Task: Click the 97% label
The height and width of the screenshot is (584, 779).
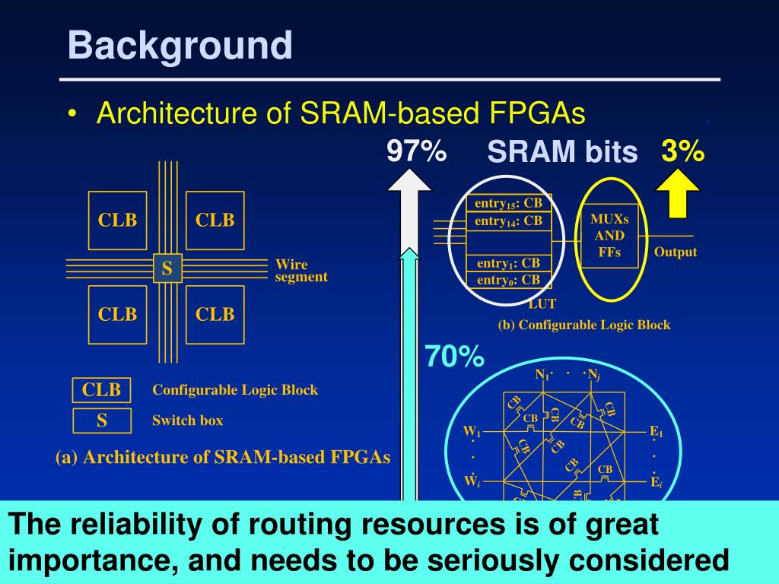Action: (x=415, y=151)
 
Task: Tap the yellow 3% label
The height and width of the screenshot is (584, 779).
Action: (x=682, y=151)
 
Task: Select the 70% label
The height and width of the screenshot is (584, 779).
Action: (x=454, y=356)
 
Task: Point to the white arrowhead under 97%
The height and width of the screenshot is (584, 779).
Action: (x=409, y=182)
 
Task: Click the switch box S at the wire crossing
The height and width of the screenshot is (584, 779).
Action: (x=167, y=268)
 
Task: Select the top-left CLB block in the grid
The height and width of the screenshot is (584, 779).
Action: (x=117, y=221)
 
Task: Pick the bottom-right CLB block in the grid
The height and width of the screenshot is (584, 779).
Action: (x=215, y=314)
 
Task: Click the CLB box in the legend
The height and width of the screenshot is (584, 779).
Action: (x=102, y=390)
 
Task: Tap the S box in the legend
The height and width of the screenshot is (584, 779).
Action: (x=102, y=421)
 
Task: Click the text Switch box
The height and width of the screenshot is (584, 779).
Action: (x=188, y=421)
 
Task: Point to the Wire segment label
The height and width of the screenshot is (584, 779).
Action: (x=301, y=271)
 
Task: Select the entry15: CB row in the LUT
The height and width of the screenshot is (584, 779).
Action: (x=508, y=204)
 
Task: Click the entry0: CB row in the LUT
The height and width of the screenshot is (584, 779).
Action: (x=508, y=280)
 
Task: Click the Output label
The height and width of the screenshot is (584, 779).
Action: (x=676, y=252)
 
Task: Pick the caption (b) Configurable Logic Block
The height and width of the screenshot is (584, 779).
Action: (x=584, y=325)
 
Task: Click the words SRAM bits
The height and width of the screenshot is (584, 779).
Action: (x=562, y=153)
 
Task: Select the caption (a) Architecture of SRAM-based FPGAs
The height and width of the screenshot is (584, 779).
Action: (x=223, y=457)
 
